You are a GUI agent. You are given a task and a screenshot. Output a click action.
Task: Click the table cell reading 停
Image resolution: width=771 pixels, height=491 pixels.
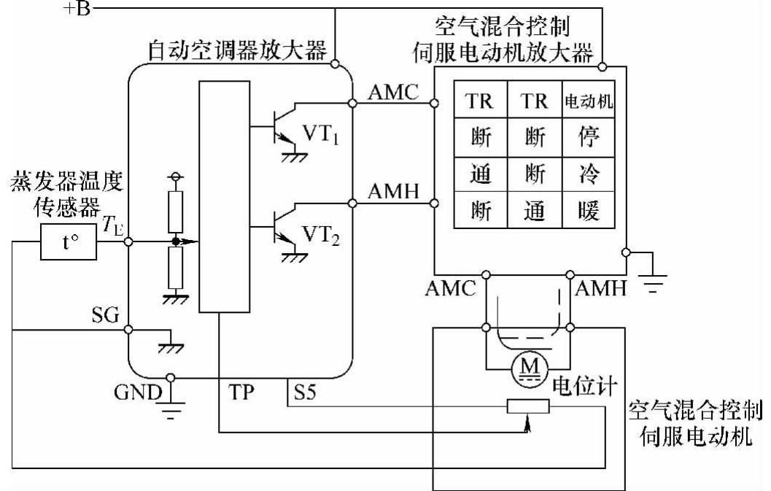click(586, 136)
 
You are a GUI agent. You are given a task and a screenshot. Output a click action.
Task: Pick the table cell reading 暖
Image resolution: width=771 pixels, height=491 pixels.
click(586, 211)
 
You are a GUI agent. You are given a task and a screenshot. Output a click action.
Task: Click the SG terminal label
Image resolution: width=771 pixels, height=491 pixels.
click(108, 315)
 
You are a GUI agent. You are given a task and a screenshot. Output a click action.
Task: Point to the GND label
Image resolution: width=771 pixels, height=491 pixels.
click(136, 393)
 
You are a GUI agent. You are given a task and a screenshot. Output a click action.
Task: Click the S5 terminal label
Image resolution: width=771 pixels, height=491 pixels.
click(304, 393)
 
